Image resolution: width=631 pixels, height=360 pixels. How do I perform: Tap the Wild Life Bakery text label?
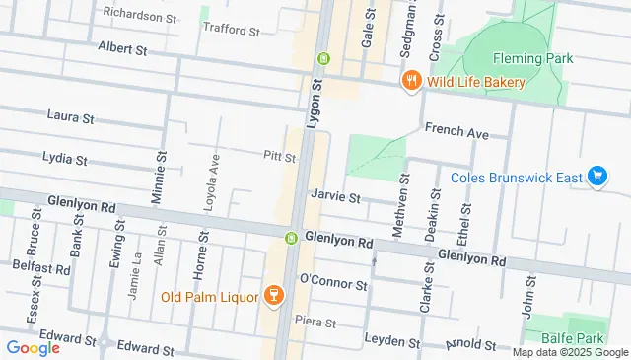pos(475,81)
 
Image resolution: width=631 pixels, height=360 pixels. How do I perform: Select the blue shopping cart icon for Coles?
pos(596,177)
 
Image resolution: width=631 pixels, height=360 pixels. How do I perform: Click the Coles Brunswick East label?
pos(516,178)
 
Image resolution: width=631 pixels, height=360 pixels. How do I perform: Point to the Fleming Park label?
pos(532,58)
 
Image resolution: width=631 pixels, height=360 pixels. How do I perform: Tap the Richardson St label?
pos(140,17)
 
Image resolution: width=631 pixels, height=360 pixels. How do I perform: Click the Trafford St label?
pos(231,30)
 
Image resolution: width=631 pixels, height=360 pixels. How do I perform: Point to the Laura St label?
pos(70,116)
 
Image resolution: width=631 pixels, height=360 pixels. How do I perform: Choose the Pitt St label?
pos(279,156)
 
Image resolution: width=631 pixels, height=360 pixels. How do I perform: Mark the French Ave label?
pos(456,130)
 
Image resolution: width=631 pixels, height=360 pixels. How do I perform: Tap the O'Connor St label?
pos(333,284)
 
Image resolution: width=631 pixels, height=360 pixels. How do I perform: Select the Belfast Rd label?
pos(41,267)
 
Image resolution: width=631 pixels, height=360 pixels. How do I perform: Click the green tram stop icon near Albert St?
pos(322,59)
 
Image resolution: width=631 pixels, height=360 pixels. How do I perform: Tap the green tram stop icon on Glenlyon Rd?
pos(291,238)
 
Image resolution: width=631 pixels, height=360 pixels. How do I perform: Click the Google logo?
pos(33,347)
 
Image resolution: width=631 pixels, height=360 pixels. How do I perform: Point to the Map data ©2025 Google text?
pos(569,352)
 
